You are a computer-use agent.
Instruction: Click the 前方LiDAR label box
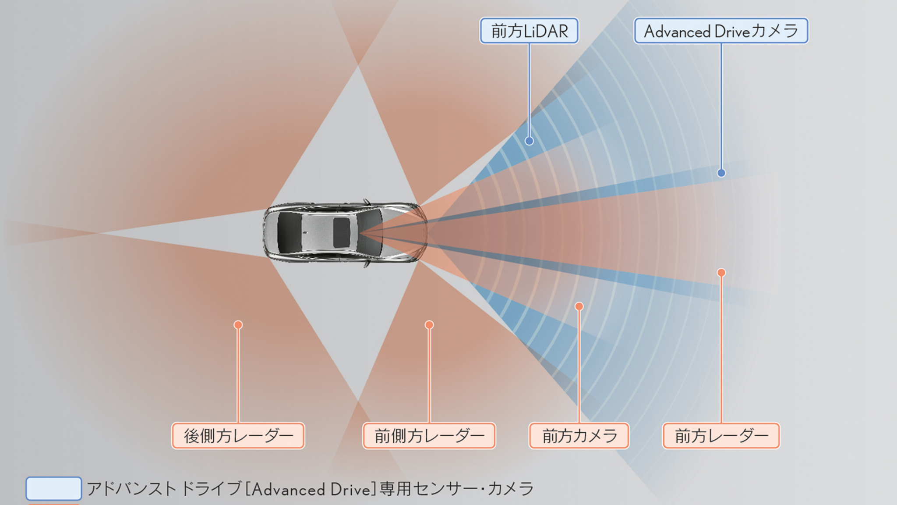pos(529,31)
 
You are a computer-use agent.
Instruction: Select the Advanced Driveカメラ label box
pos(721,31)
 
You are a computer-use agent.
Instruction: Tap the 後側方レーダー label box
pos(238,436)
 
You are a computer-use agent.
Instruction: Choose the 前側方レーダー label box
pos(429,436)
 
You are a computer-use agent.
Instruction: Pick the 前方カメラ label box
pos(579,436)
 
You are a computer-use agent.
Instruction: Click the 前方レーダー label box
pos(721,436)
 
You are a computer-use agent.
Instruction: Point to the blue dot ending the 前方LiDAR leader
pos(529,141)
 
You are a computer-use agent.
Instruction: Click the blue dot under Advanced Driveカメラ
pos(721,173)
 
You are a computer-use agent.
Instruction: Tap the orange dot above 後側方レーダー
pos(238,325)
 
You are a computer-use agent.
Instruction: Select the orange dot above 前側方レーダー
pos(429,325)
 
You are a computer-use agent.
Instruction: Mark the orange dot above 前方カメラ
pos(579,306)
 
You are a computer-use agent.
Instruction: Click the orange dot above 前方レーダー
pos(721,273)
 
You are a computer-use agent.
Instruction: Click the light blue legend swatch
pos(53,489)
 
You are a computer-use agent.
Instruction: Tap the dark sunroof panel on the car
pos(341,232)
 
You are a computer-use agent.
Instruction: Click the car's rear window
pos(289,232)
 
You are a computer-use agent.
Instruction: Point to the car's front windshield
pos(371,232)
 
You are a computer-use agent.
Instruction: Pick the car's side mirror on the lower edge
pos(366,264)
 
